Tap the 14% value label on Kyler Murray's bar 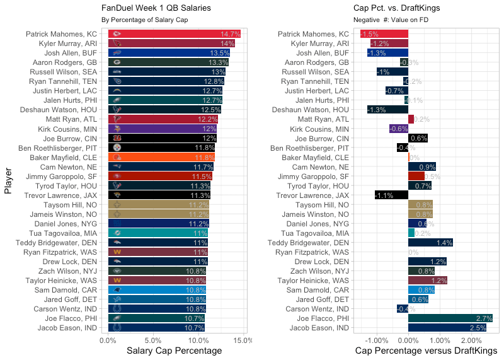(227, 44)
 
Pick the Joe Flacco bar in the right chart (450, 318)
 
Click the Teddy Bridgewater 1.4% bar (430, 243)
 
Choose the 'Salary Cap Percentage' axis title (175, 351)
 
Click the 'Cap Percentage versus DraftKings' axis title (427, 351)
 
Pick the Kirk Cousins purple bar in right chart (399, 129)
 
